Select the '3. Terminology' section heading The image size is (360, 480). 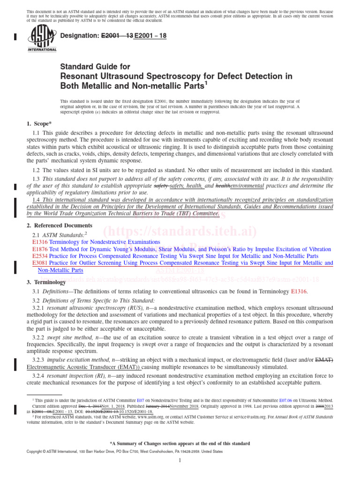pos(45,283)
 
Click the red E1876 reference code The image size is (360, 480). pos(40,249)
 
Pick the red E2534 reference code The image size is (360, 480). pos(40,256)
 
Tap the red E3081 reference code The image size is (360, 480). pos(40,263)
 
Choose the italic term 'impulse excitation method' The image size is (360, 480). pos(79,360)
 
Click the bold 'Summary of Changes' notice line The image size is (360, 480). pos(180,443)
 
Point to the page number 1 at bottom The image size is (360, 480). pos(180,461)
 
